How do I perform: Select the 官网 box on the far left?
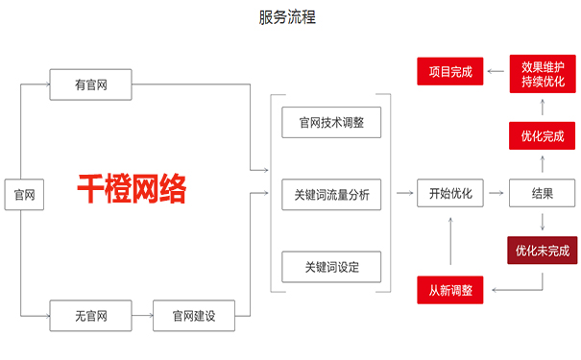(x=23, y=195)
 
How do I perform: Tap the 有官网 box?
(x=90, y=85)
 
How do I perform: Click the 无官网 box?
(x=90, y=315)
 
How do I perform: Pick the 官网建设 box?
(x=194, y=315)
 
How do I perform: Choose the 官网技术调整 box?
(x=331, y=123)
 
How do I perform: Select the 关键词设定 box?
(x=331, y=266)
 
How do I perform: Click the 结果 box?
(x=542, y=194)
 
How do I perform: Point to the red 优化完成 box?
(x=542, y=135)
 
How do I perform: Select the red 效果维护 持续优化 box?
(x=542, y=73)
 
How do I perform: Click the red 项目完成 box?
(x=450, y=71)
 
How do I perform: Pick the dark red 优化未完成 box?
(x=542, y=251)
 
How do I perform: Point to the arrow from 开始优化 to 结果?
(x=496, y=194)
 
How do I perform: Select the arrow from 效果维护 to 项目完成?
(x=496, y=71)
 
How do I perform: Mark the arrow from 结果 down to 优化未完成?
(x=542, y=222)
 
